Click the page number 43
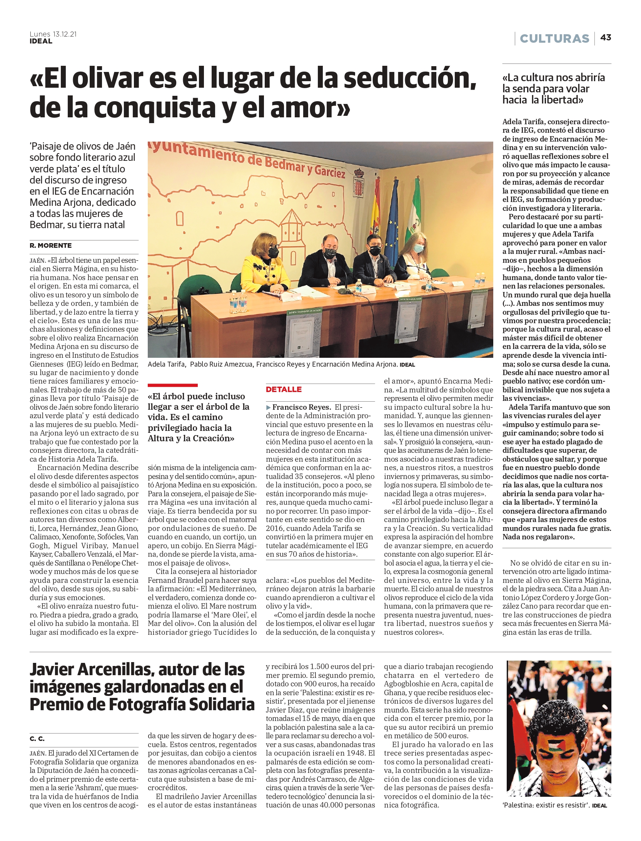coord(606,38)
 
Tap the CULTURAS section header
coord(554,38)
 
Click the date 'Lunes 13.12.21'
coord(53,34)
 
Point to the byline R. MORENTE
coord(50,245)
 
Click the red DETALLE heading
coord(284,389)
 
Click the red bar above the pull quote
coord(172,385)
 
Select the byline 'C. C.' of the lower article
coord(37,739)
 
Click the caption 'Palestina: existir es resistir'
coord(546,805)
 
